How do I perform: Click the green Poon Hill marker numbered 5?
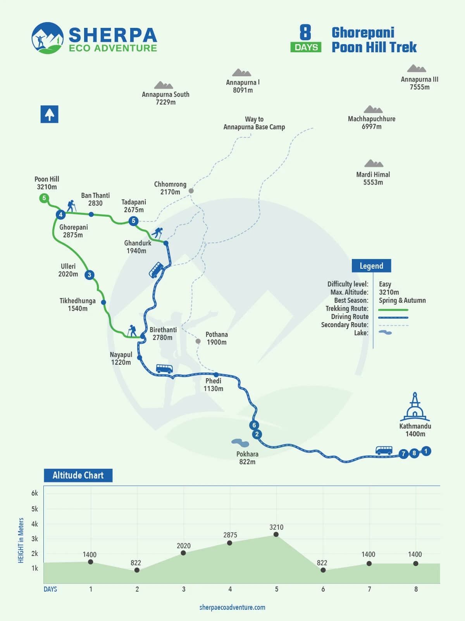tap(44, 198)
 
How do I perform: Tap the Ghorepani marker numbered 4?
tap(60, 214)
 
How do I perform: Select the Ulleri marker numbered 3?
tap(90, 275)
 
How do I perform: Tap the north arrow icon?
tap(50, 114)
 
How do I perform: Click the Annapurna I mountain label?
tap(243, 86)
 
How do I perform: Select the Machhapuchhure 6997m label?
tap(372, 122)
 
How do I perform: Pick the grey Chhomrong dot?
tap(191, 191)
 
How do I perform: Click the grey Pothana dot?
tap(198, 341)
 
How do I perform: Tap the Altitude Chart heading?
tap(78, 475)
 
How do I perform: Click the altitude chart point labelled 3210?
tap(276, 534)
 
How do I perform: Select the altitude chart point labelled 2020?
tap(183, 553)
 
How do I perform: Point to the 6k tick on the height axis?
tap(35, 493)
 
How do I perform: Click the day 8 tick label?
tap(416, 589)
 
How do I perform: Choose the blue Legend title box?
tap(371, 266)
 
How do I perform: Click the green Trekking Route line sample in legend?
tap(393, 310)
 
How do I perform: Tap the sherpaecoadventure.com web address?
tap(232, 607)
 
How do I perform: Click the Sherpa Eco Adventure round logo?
tap(47, 38)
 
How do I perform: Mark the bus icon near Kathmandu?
tap(384, 450)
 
